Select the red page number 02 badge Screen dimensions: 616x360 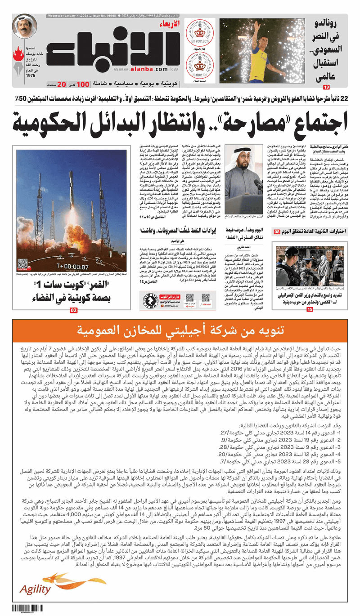(74, 310)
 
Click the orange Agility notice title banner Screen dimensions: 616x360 (180, 333)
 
